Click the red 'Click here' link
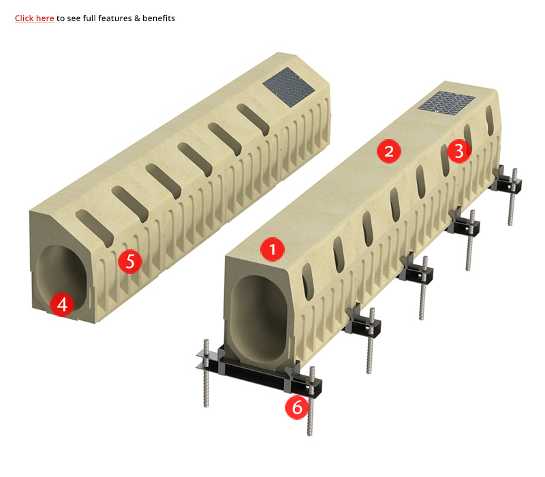(34, 18)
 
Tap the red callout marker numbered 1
(272, 249)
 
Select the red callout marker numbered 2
(389, 151)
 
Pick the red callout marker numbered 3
(459, 151)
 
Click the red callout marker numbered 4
(62, 305)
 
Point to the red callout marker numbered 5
(130, 261)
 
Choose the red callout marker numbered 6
(297, 407)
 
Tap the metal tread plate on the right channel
(447, 101)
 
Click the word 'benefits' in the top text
(159, 18)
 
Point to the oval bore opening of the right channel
(259, 318)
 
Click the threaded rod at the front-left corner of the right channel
(206, 373)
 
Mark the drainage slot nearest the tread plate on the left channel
(253, 119)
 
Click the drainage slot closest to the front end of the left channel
(95, 228)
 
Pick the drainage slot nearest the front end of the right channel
(308, 281)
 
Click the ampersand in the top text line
(137, 18)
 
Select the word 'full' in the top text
(89, 18)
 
